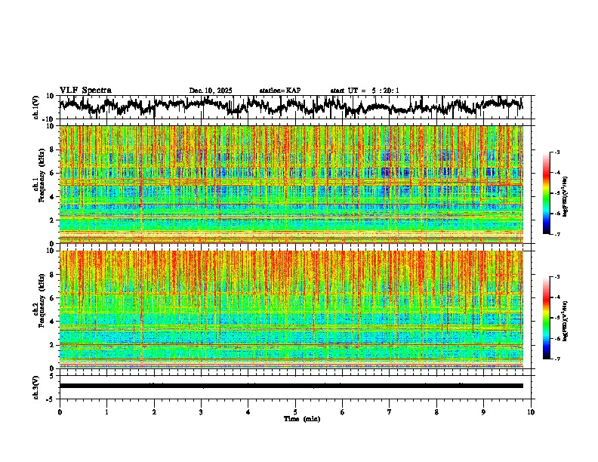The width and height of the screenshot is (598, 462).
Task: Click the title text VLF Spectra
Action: [x=85, y=90]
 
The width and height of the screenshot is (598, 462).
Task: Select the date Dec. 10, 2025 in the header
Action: [x=211, y=91]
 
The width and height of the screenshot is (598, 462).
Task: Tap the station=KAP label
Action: [x=279, y=91]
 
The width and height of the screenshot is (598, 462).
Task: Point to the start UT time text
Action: [x=365, y=91]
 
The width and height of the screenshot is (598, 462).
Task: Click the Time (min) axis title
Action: [x=301, y=418]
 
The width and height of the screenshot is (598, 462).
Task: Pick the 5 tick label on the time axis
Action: [x=295, y=412]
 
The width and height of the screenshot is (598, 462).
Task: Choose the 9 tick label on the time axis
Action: [x=484, y=412]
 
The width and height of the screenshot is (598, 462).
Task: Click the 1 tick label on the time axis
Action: [x=106, y=412]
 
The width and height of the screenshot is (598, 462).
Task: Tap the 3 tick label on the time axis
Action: [x=201, y=412]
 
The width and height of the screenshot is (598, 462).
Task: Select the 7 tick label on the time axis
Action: [x=390, y=412]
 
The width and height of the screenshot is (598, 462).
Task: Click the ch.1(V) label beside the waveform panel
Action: [x=37, y=108]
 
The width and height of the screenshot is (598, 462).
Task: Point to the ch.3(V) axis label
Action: [x=37, y=386]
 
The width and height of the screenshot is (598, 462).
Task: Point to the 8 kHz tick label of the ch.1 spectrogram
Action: [x=53, y=149]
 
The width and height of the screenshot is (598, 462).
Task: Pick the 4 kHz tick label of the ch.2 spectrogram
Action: [x=53, y=322]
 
